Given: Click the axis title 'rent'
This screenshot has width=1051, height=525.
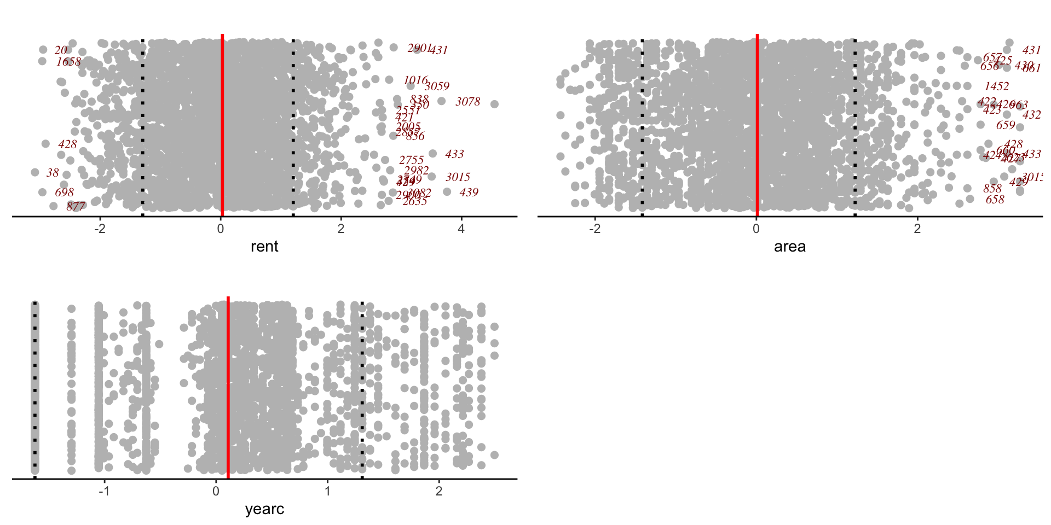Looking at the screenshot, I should click(x=264, y=247).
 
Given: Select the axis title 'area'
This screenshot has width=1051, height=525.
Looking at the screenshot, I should click(x=789, y=247).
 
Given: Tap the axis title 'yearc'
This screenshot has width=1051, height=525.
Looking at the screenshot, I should click(x=264, y=509).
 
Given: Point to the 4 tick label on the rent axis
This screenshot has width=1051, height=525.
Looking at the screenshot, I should click(x=461, y=229).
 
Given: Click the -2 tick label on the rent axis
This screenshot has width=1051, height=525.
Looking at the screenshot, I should click(x=100, y=229).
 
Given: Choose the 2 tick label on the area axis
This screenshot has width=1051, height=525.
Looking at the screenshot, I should click(x=917, y=229).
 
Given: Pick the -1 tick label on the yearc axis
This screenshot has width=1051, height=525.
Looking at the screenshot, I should click(x=104, y=491).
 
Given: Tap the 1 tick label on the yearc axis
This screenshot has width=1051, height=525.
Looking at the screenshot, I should click(x=327, y=491).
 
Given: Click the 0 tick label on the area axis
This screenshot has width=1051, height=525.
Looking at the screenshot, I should click(x=756, y=229).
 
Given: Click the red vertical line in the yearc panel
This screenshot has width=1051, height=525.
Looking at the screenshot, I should click(x=228, y=383).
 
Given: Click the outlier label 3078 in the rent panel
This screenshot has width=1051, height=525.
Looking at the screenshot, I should click(x=467, y=102).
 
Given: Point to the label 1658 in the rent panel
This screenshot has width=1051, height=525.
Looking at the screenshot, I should click(x=68, y=62).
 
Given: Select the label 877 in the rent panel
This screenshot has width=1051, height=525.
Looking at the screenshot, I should click(x=76, y=206).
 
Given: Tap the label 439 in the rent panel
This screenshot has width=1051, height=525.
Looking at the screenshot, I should click(x=469, y=192).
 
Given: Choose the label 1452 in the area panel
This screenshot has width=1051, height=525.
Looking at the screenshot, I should click(x=996, y=86).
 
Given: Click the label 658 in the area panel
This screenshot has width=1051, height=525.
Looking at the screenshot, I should click(x=995, y=200).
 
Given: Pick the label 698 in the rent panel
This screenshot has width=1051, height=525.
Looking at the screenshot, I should click(x=64, y=192).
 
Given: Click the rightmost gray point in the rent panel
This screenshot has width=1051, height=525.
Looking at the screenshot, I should click(x=494, y=104).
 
